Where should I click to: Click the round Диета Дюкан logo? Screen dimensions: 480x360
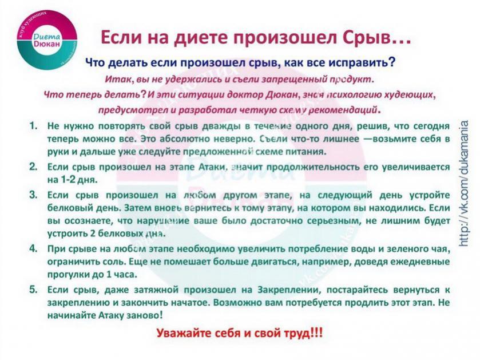point(47,40)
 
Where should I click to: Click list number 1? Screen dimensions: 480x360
point(33,126)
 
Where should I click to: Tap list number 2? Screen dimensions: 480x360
point(33,167)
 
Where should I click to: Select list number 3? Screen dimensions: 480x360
point(33,195)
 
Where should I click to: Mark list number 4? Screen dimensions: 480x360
point(33,248)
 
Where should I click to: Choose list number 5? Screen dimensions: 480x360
point(33,289)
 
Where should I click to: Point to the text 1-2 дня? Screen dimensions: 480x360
point(73,180)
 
